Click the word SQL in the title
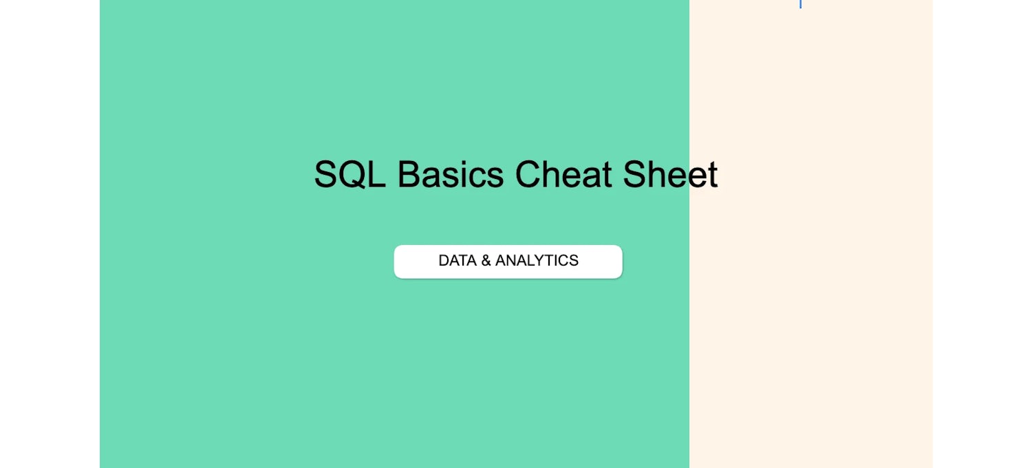(x=350, y=174)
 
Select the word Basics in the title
(x=450, y=174)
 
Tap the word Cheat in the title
(x=563, y=174)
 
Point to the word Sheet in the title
(x=670, y=174)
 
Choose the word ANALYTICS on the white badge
(x=537, y=261)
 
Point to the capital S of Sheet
(x=636, y=174)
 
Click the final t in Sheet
(x=713, y=174)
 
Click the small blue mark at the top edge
(x=800, y=3)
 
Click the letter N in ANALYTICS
(x=513, y=261)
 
